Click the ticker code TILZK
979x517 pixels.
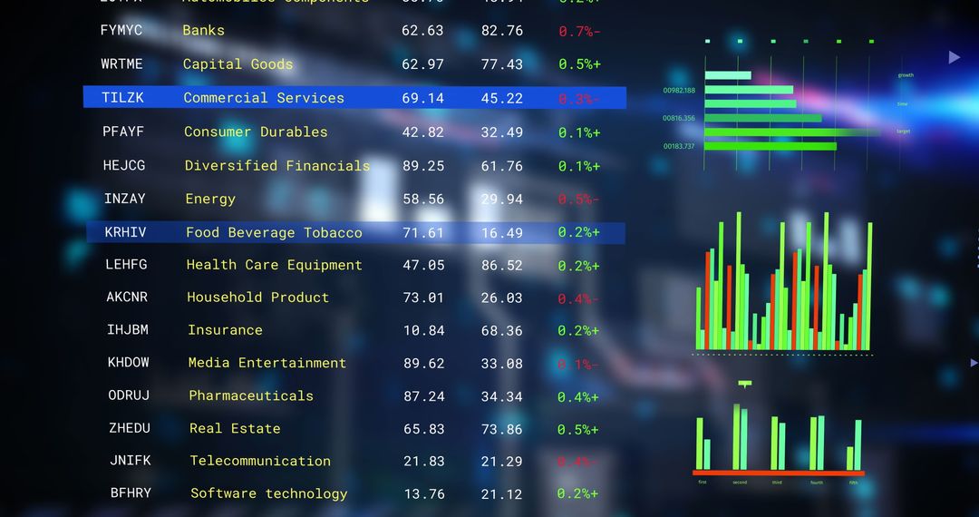click(122, 98)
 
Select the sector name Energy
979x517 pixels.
click(210, 199)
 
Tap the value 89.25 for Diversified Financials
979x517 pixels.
click(423, 166)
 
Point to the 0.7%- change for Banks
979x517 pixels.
click(579, 31)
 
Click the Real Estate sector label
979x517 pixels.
click(235, 428)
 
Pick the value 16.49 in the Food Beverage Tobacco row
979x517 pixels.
click(502, 233)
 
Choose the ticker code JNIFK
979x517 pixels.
click(131, 461)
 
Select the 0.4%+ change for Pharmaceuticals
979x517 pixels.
click(578, 397)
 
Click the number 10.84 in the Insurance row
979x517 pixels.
click(424, 331)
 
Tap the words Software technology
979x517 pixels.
click(269, 493)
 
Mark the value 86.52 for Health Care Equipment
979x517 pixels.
click(502, 266)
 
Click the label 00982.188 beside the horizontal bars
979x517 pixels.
click(679, 91)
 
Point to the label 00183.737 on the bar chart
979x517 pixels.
click(679, 146)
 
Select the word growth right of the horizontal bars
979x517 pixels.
click(906, 75)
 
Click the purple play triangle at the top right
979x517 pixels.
click(954, 57)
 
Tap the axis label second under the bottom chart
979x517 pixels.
click(741, 483)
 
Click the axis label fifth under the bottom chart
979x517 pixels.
click(853, 483)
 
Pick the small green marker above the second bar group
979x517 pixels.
click(745, 385)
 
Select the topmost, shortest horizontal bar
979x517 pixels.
click(728, 75)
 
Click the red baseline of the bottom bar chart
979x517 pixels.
click(779, 473)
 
